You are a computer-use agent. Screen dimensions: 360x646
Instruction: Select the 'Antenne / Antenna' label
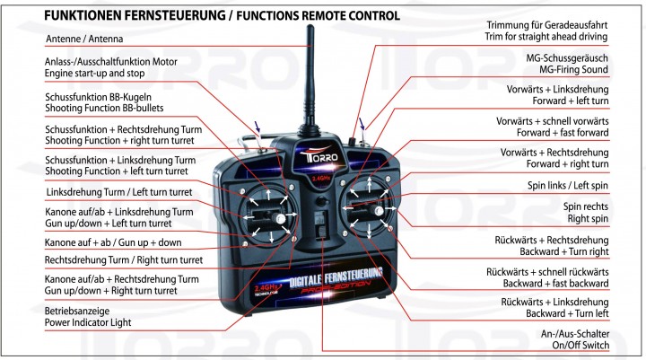click(84, 40)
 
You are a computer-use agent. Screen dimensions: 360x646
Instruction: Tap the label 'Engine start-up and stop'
click(101, 74)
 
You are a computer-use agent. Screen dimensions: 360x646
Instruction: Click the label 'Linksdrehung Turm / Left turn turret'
click(117, 193)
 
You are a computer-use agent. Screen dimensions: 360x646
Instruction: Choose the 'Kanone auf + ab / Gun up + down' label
click(112, 242)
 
